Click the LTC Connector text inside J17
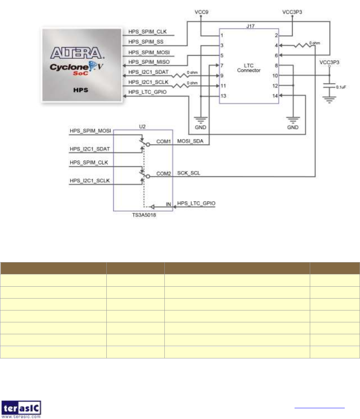[248, 68]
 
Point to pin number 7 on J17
[222, 65]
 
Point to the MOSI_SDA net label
[190, 141]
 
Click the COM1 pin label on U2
[163, 141]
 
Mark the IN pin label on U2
[168, 204]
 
